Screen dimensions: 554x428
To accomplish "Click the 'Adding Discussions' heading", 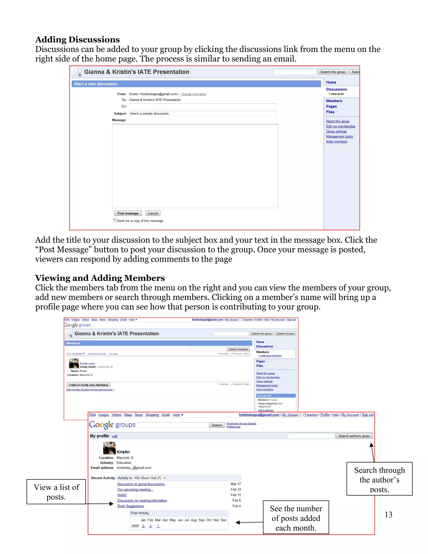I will coord(77,40).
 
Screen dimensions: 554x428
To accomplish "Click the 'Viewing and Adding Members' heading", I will coord(100,278).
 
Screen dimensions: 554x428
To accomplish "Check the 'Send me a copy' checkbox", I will coord(115,220).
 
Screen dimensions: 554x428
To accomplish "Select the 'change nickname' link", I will coord(194,94).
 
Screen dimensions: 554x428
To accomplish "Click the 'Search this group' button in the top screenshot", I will coord(332,72).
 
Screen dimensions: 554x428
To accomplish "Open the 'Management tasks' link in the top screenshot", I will coord(339,137).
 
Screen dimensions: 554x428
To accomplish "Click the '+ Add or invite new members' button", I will coord(88,385).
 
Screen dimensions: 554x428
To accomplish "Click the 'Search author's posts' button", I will coord(354,436).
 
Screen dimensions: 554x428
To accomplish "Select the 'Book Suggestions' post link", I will coord(131,506).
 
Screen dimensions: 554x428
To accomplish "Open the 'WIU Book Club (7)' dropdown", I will coord(150,478).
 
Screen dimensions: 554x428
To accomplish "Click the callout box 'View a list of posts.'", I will coord(56,492).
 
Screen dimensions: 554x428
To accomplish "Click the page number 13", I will coord(388,514).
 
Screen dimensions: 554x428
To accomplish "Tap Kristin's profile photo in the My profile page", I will coord(109,448).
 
